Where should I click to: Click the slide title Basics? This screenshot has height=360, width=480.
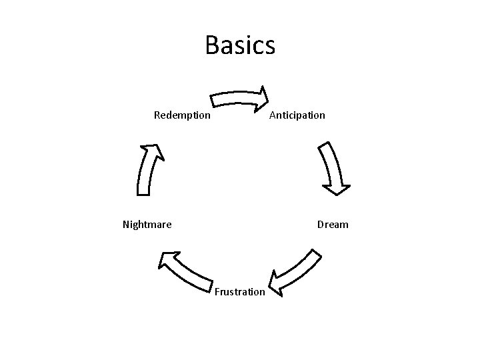pos(240,45)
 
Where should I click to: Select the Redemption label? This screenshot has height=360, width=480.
pos(182,115)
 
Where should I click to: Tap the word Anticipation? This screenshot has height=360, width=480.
pos(297,115)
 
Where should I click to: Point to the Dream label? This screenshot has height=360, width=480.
pos(333,225)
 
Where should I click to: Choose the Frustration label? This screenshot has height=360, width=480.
pos(240,292)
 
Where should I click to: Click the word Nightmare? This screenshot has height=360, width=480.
pos(147,225)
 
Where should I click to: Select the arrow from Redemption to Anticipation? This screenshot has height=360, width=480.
pos(237,99)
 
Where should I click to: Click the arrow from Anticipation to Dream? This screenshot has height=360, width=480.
pos(331,168)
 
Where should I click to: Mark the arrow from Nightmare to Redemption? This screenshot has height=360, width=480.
pos(147,170)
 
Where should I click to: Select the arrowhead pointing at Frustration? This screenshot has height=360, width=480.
pos(277,283)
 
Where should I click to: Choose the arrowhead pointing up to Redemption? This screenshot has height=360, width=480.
pos(153,151)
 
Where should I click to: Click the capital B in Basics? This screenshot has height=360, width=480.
pos(213,45)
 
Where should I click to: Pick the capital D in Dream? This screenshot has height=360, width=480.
pos(321,225)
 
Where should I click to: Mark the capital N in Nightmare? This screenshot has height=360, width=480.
pos(127,225)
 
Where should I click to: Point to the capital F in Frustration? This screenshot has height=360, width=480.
pos(217,292)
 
